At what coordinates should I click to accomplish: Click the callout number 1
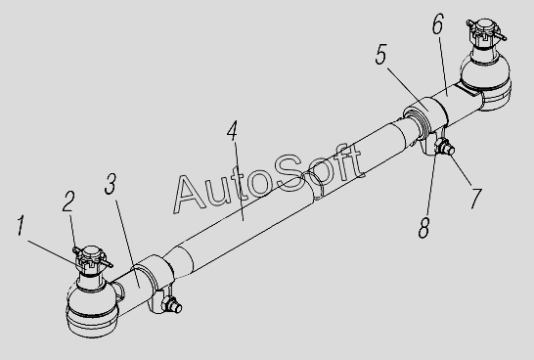[22, 225]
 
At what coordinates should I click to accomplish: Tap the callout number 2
[68, 201]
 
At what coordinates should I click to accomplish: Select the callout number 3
[111, 184]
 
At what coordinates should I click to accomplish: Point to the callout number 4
[233, 130]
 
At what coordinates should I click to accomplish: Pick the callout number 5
[381, 54]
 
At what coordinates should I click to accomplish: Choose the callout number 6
[438, 23]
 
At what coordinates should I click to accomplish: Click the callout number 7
[476, 199]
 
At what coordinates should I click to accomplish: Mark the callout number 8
[424, 228]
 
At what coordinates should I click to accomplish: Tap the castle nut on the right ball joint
[485, 33]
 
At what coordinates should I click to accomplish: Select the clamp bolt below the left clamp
[171, 304]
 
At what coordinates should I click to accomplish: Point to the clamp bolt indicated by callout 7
[445, 147]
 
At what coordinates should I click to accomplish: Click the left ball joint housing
[92, 308]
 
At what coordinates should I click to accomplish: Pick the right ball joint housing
[486, 81]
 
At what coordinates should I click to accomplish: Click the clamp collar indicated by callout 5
[428, 117]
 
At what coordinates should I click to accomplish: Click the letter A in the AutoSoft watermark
[190, 194]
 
